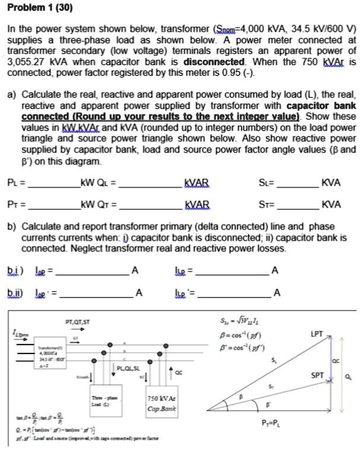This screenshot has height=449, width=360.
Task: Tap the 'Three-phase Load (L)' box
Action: (98, 397)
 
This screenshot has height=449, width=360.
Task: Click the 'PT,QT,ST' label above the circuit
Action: (78, 322)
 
